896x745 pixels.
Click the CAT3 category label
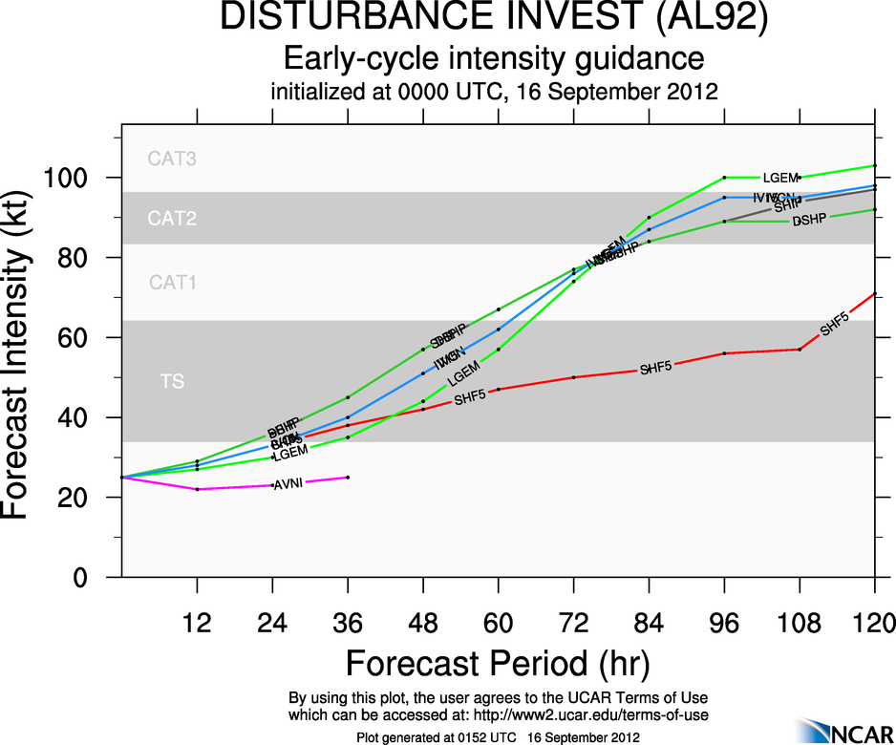point(172,160)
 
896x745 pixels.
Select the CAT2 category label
point(172,219)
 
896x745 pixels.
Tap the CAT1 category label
point(172,283)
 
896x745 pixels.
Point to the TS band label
point(172,382)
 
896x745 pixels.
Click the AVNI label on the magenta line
point(288,484)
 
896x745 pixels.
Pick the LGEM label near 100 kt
point(780,178)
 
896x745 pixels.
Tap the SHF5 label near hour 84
point(657,368)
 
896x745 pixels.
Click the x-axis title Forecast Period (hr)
point(497,663)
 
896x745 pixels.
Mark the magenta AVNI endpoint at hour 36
point(348,477)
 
